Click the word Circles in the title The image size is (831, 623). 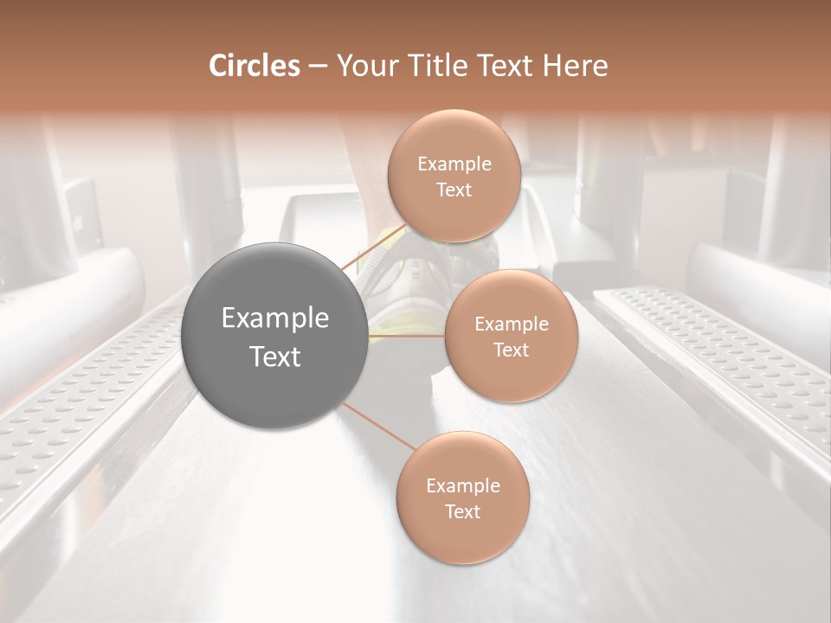tap(254, 66)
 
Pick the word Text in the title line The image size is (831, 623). tap(510, 66)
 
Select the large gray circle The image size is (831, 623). tap(275, 337)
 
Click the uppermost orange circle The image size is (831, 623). tap(454, 176)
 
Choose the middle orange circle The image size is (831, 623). tap(511, 336)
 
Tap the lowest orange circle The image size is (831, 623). tap(462, 498)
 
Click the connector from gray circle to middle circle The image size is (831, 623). tap(407, 336)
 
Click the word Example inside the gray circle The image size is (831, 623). tap(275, 318)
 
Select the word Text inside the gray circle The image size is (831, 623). tap(275, 356)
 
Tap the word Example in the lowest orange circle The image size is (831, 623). tap(462, 485)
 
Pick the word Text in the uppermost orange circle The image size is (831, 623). tap(454, 190)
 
